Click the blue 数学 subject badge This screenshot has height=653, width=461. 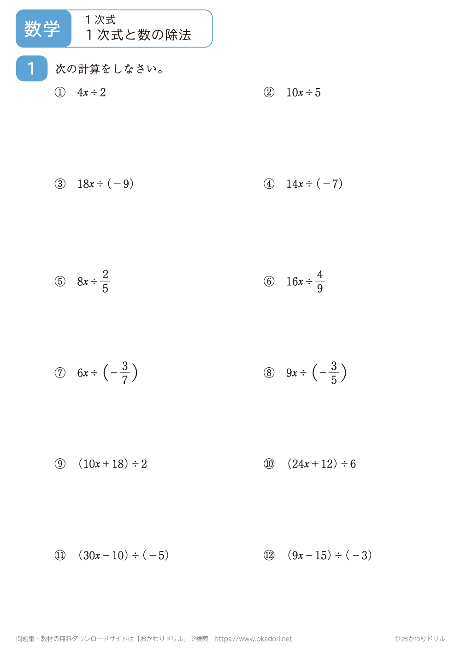tap(42, 29)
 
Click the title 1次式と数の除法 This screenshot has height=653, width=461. tap(138, 35)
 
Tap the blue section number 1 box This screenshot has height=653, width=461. tap(31, 68)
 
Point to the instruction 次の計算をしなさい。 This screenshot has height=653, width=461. tap(109, 69)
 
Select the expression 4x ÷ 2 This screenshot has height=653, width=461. tap(91, 93)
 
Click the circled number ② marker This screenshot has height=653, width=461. tap(269, 92)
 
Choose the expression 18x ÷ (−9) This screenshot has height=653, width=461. tap(106, 184)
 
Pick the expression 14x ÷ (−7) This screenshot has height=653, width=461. tap(314, 184)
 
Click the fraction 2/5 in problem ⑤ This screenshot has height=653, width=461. tap(106, 282)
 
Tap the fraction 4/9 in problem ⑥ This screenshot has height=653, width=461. tap(320, 282)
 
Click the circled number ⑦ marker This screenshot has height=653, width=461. tap(60, 373)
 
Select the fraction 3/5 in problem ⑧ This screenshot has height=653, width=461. tap(334, 373)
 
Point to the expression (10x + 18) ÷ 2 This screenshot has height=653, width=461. tap(112, 464)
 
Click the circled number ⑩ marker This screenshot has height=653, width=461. tap(269, 464)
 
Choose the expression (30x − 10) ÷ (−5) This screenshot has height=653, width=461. tap(124, 555)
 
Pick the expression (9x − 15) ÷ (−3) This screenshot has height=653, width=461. tap(330, 555)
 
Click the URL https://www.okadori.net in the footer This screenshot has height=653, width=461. tap(253, 639)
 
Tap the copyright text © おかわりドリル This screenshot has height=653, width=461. tap(420, 639)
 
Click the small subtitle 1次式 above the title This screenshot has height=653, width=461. tap(100, 20)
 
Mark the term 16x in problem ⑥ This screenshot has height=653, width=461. tap(295, 282)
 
